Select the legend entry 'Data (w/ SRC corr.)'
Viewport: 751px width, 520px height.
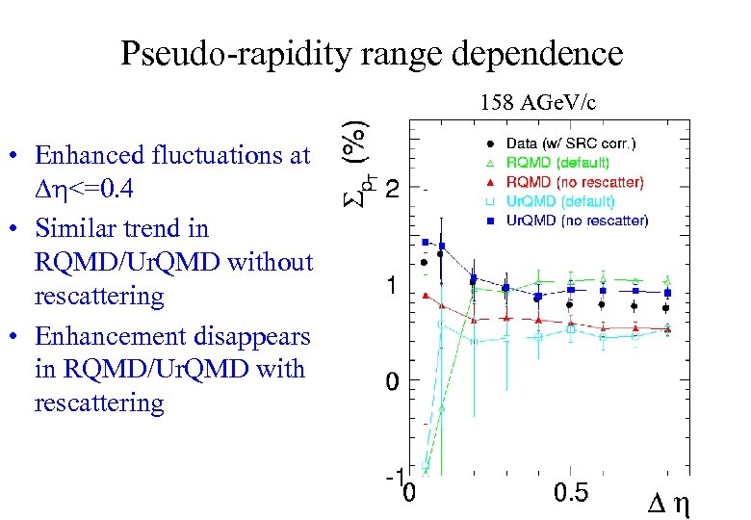(571, 143)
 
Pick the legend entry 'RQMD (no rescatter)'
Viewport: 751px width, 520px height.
(575, 182)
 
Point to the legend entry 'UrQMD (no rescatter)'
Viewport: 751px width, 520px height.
(578, 221)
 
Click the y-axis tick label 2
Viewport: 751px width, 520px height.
(393, 191)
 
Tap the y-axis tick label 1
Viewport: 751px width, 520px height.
(393, 286)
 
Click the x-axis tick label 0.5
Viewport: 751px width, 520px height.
(571, 494)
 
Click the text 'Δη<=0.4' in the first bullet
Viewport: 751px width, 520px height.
(84, 190)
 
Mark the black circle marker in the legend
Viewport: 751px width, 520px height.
(488, 143)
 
